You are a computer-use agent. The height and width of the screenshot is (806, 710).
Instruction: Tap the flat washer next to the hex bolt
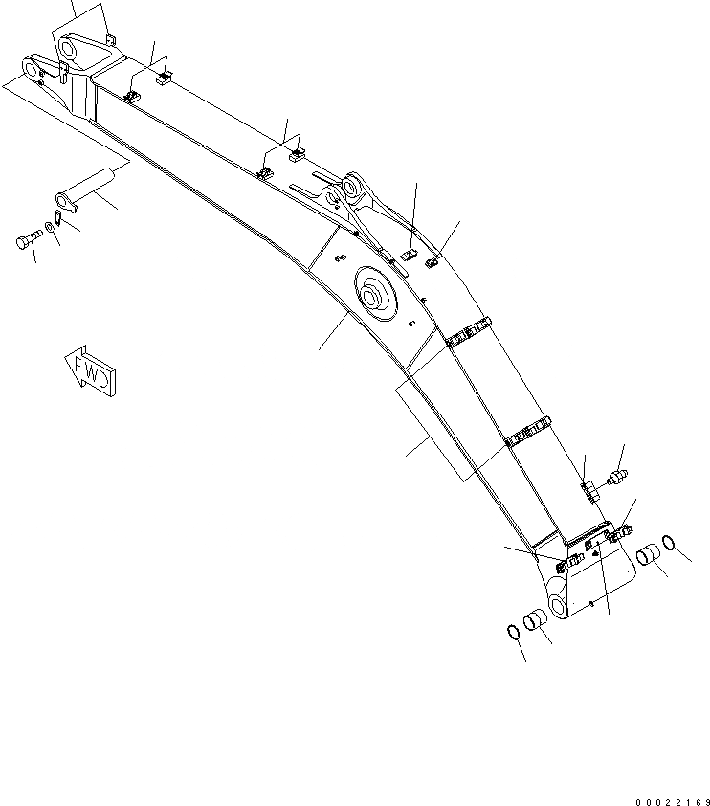click(49, 233)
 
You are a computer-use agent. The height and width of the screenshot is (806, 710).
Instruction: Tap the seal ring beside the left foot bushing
click(512, 632)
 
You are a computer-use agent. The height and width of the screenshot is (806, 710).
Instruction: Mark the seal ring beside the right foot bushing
click(675, 547)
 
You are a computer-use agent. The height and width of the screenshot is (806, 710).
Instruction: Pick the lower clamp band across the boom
click(529, 434)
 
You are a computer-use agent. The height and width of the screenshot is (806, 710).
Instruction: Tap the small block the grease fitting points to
click(589, 490)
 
